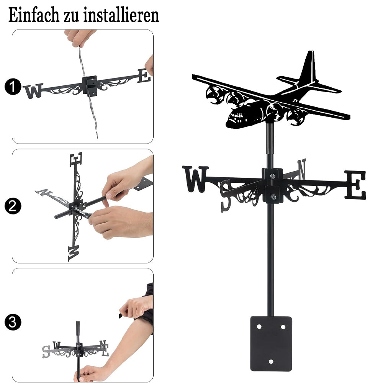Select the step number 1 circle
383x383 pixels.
point(13,87)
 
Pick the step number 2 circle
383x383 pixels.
point(13,206)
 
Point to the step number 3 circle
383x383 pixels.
point(13,322)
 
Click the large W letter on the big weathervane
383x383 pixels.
point(195,179)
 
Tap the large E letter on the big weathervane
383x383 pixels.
point(355,185)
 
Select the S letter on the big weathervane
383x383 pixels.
point(225,195)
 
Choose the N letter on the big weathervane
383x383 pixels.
point(301,169)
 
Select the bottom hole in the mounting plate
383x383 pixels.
point(271,362)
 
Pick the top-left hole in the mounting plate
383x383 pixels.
point(259,327)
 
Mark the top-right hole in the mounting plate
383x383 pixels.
point(283,327)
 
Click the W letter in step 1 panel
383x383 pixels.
point(33,91)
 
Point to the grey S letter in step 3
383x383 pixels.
point(46,352)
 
